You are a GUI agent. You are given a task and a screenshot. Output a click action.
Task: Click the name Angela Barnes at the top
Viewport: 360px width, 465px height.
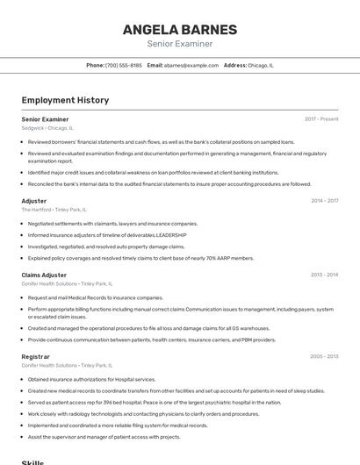179,29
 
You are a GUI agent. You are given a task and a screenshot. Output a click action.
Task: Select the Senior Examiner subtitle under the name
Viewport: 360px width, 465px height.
179,44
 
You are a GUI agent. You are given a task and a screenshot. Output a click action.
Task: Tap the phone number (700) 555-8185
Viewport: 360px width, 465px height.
124,65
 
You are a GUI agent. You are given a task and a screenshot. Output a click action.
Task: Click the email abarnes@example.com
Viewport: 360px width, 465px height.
191,65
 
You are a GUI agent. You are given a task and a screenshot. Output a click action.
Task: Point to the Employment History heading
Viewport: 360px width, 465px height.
65,100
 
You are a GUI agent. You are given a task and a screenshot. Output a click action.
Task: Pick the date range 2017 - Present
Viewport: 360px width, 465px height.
321,118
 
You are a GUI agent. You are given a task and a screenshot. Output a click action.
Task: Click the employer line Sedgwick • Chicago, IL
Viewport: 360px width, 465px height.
47,127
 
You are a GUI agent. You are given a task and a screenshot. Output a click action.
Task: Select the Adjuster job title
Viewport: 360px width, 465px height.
34,201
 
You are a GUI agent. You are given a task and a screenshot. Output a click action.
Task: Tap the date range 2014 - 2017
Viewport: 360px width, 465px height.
324,201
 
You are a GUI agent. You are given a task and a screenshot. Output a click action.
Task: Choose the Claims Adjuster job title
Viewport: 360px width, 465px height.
44,275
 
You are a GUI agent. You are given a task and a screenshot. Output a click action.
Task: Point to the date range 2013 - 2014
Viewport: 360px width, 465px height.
324,275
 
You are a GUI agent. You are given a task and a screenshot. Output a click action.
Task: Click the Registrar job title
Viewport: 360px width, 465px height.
36,357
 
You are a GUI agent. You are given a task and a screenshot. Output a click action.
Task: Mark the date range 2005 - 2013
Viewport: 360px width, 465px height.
324,357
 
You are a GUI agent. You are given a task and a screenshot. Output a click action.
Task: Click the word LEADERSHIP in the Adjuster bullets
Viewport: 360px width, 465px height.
172,235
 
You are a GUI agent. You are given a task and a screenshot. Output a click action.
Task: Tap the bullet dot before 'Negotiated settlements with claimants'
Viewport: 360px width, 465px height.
23,224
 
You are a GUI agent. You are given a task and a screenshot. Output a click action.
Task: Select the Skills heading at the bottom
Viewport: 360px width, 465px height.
32,461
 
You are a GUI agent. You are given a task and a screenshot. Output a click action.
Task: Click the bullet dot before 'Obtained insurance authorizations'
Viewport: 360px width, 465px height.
23,380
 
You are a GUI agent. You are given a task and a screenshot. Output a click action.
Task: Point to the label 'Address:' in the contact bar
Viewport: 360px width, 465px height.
235,65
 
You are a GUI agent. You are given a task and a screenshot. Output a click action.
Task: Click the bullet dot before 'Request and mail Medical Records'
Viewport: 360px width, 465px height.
23,297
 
